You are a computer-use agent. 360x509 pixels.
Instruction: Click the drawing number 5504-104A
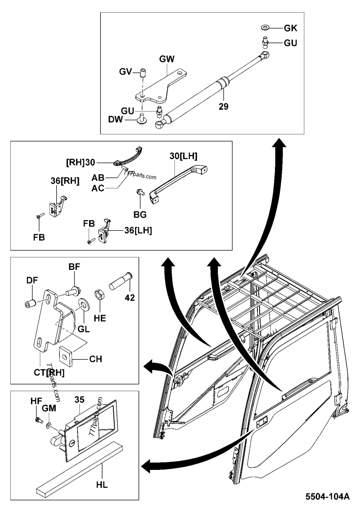(x=327, y=497)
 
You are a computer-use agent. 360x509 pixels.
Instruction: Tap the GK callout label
(x=290, y=28)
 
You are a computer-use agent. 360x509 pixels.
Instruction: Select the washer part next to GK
(x=264, y=27)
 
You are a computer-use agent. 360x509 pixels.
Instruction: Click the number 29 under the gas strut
(x=224, y=106)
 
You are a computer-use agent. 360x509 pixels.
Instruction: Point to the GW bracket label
(x=166, y=59)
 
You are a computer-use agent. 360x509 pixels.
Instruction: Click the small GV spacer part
(x=142, y=73)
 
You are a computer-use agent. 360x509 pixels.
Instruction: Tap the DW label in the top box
(x=116, y=120)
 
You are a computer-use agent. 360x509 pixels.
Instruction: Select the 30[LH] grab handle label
(x=183, y=156)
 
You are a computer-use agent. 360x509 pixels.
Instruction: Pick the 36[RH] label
(x=65, y=181)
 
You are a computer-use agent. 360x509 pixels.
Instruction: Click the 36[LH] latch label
(x=138, y=231)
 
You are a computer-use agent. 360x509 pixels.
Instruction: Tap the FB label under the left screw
(x=39, y=237)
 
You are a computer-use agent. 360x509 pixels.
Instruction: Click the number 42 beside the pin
(x=130, y=297)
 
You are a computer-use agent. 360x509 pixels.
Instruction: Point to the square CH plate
(x=66, y=358)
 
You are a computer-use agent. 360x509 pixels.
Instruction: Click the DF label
(x=32, y=280)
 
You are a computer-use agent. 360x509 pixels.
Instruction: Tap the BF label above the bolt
(x=74, y=267)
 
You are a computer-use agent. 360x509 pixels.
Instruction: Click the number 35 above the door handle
(x=80, y=399)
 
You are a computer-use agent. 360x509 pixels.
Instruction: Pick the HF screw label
(x=36, y=401)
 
